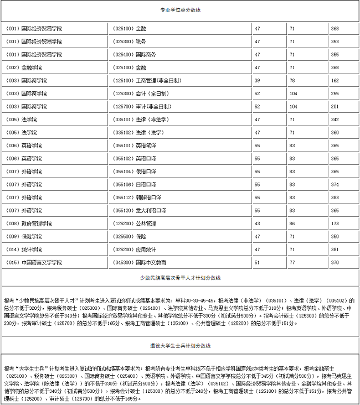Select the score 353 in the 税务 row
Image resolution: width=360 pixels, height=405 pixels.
pos(335,41)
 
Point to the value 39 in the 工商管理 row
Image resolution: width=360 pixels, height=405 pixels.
pos(257,80)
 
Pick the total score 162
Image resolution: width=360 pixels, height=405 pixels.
pos(335,80)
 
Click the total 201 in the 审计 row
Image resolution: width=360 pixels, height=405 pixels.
pos(335,106)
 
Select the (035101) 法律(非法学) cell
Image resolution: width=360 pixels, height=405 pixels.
pos(138,120)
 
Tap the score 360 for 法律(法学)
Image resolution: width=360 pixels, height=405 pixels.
pos(335,133)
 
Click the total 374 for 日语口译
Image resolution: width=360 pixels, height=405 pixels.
pos(335,184)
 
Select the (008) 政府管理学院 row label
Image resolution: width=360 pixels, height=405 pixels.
pos(28,224)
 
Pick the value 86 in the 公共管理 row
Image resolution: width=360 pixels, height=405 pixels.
pos(292,224)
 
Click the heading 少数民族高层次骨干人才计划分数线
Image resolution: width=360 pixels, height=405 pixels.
pos(179,277)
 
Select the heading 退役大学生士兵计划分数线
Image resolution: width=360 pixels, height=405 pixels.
pos(179,346)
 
